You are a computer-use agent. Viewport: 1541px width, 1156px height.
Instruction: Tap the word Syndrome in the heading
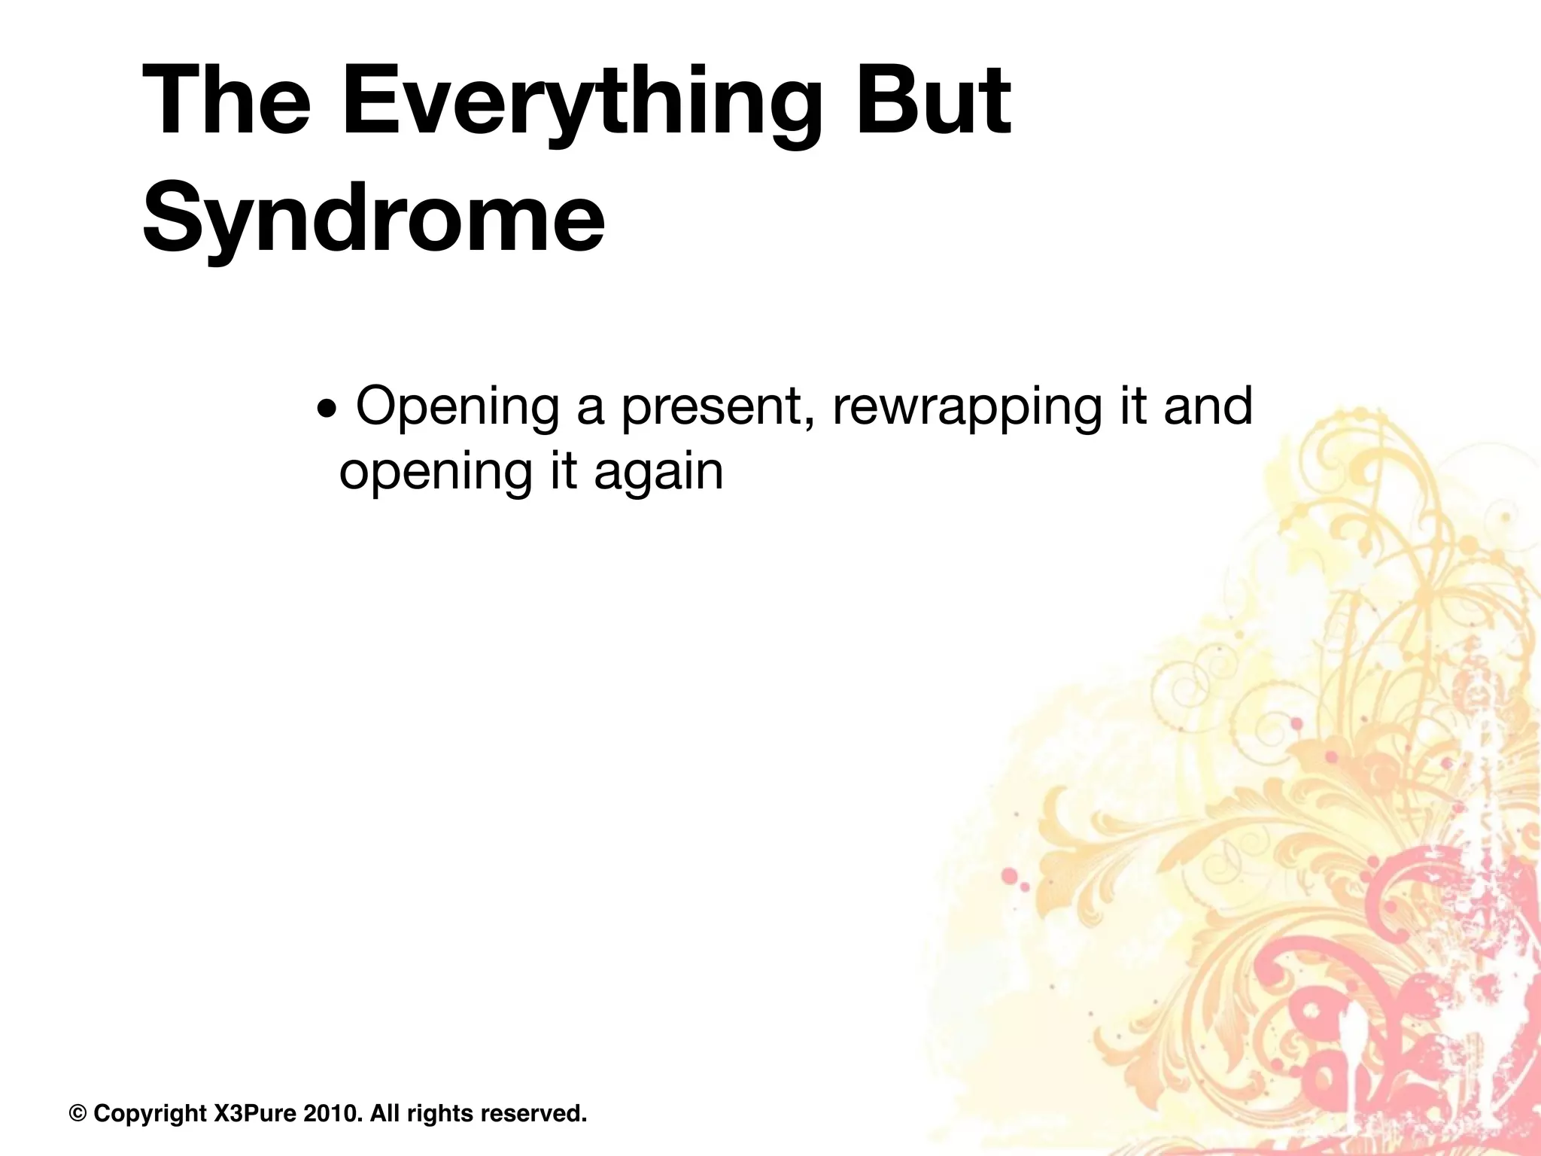(x=373, y=218)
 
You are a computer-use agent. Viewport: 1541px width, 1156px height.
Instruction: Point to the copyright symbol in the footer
(x=78, y=1113)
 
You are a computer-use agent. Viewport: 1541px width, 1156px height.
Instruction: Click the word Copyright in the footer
(x=150, y=1113)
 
